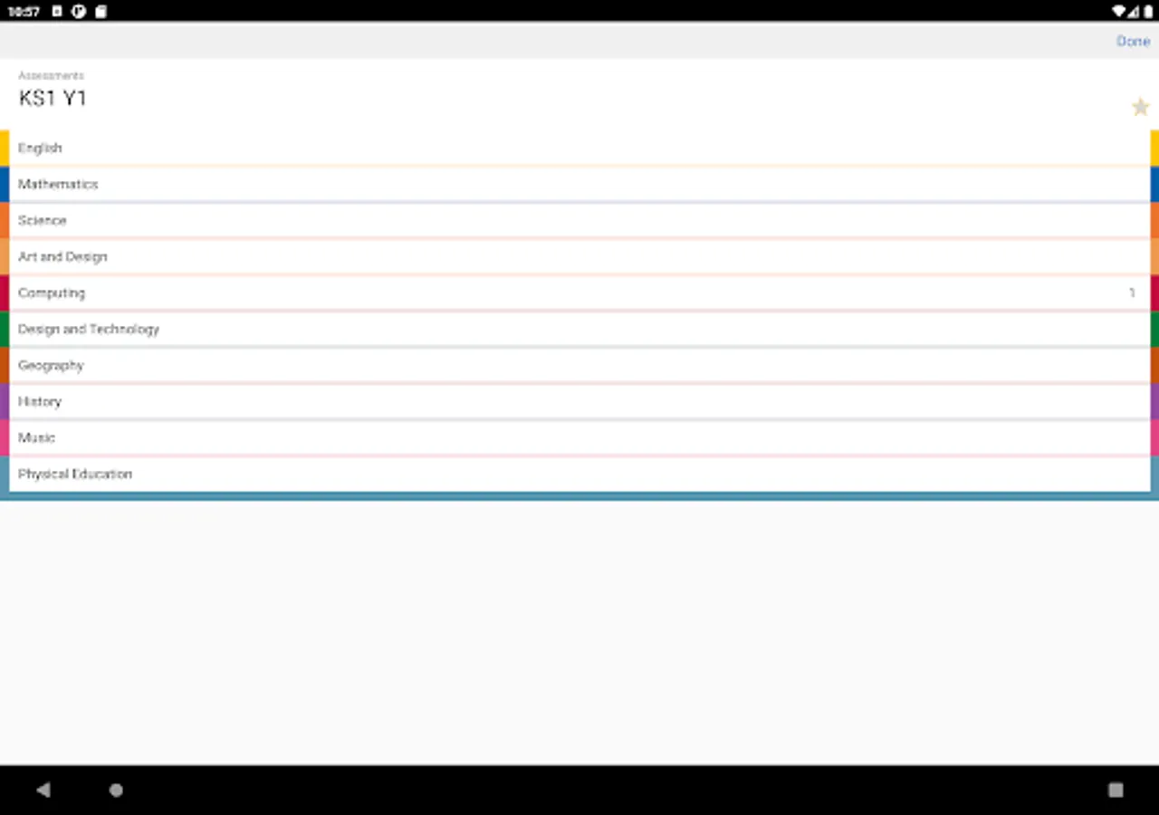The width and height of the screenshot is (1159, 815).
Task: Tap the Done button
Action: coord(1133,41)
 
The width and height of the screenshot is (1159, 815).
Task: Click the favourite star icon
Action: coord(1140,107)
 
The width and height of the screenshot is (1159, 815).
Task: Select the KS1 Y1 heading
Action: coord(53,99)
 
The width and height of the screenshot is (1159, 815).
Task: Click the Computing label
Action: coord(52,293)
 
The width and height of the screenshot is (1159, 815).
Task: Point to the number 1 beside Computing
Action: coord(1132,292)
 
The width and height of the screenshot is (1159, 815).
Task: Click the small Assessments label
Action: coord(51,75)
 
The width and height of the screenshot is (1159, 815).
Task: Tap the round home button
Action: coord(116,791)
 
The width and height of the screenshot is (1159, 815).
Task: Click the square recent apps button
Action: coord(1116,791)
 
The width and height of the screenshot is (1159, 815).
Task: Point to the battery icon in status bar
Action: coord(1148,11)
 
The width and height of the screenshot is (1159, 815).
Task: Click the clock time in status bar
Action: coord(24,12)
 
